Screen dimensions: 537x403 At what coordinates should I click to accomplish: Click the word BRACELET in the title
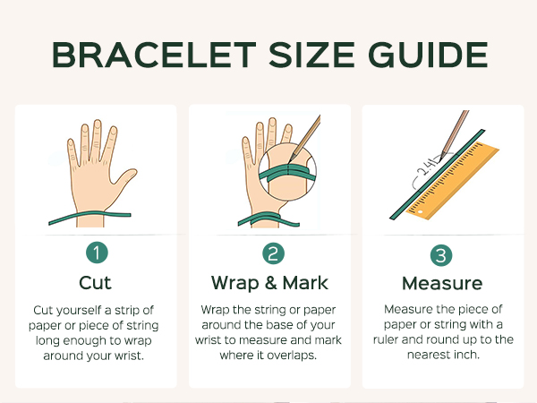click(x=154, y=55)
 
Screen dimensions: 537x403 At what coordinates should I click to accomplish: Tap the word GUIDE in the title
click(x=428, y=55)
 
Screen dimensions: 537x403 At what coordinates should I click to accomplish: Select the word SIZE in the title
click(x=312, y=55)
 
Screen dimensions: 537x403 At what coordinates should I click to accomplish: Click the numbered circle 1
click(x=97, y=253)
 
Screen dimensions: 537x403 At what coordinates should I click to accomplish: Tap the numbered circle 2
click(x=273, y=253)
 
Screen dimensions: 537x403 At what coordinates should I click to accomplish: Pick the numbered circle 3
click(x=441, y=255)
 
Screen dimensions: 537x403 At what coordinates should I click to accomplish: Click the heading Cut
click(x=95, y=283)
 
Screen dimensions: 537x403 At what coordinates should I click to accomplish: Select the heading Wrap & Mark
click(x=270, y=283)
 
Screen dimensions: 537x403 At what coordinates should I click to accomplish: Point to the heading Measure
click(x=442, y=283)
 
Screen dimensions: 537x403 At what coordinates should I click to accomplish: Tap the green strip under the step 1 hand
click(x=89, y=217)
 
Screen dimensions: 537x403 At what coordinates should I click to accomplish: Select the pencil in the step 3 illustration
click(x=454, y=134)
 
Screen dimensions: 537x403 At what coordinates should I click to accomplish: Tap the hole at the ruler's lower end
click(x=421, y=212)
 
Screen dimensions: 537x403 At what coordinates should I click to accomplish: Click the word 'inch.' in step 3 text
click(x=466, y=355)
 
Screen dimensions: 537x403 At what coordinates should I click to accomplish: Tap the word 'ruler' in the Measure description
click(x=386, y=339)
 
